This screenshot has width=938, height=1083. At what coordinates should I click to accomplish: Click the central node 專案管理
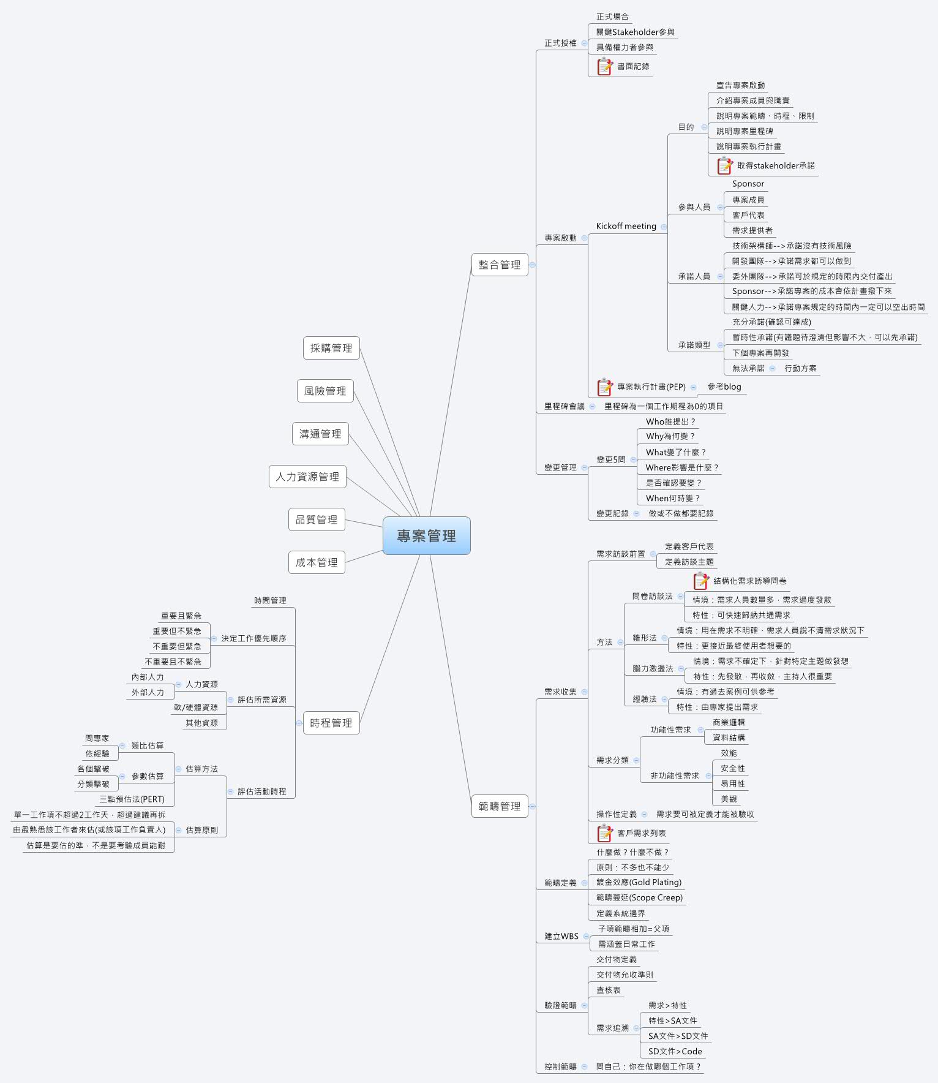pyautogui.click(x=426, y=536)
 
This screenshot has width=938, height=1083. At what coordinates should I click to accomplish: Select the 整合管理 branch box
pyautogui.click(x=500, y=265)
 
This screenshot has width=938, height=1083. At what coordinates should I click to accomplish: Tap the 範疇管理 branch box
pyautogui.click(x=500, y=806)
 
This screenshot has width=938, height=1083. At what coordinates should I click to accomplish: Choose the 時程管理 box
pyautogui.click(x=331, y=723)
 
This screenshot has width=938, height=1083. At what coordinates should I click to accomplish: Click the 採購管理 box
pyautogui.click(x=331, y=348)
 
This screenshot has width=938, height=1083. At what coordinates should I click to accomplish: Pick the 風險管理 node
pyautogui.click(x=325, y=391)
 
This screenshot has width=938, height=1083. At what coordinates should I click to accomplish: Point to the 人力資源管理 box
pyautogui.click(x=307, y=477)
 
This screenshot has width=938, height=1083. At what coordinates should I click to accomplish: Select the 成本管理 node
pyautogui.click(x=317, y=562)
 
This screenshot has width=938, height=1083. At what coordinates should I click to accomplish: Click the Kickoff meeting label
pyautogui.click(x=626, y=226)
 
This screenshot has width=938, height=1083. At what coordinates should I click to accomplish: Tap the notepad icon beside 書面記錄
pyautogui.click(x=605, y=66)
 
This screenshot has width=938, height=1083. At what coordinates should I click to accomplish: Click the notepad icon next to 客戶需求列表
pyautogui.click(x=605, y=833)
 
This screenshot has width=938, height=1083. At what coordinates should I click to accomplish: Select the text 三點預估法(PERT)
pyautogui.click(x=132, y=799)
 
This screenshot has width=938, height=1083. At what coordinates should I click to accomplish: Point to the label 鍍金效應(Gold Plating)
pyautogui.click(x=639, y=882)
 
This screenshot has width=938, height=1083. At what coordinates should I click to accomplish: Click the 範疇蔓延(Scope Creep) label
pyautogui.click(x=639, y=897)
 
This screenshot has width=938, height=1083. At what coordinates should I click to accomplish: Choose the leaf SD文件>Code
pyautogui.click(x=675, y=1051)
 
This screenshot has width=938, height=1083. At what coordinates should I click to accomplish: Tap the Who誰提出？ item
pyautogui.click(x=670, y=421)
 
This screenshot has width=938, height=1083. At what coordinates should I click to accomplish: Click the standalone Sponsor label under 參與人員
pyautogui.click(x=748, y=184)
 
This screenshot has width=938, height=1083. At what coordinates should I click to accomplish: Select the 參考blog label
pyautogui.click(x=724, y=387)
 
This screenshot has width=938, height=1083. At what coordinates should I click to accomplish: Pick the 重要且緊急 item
pyautogui.click(x=181, y=616)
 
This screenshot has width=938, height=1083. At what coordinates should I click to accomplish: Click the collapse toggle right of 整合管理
pyautogui.click(x=533, y=265)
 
